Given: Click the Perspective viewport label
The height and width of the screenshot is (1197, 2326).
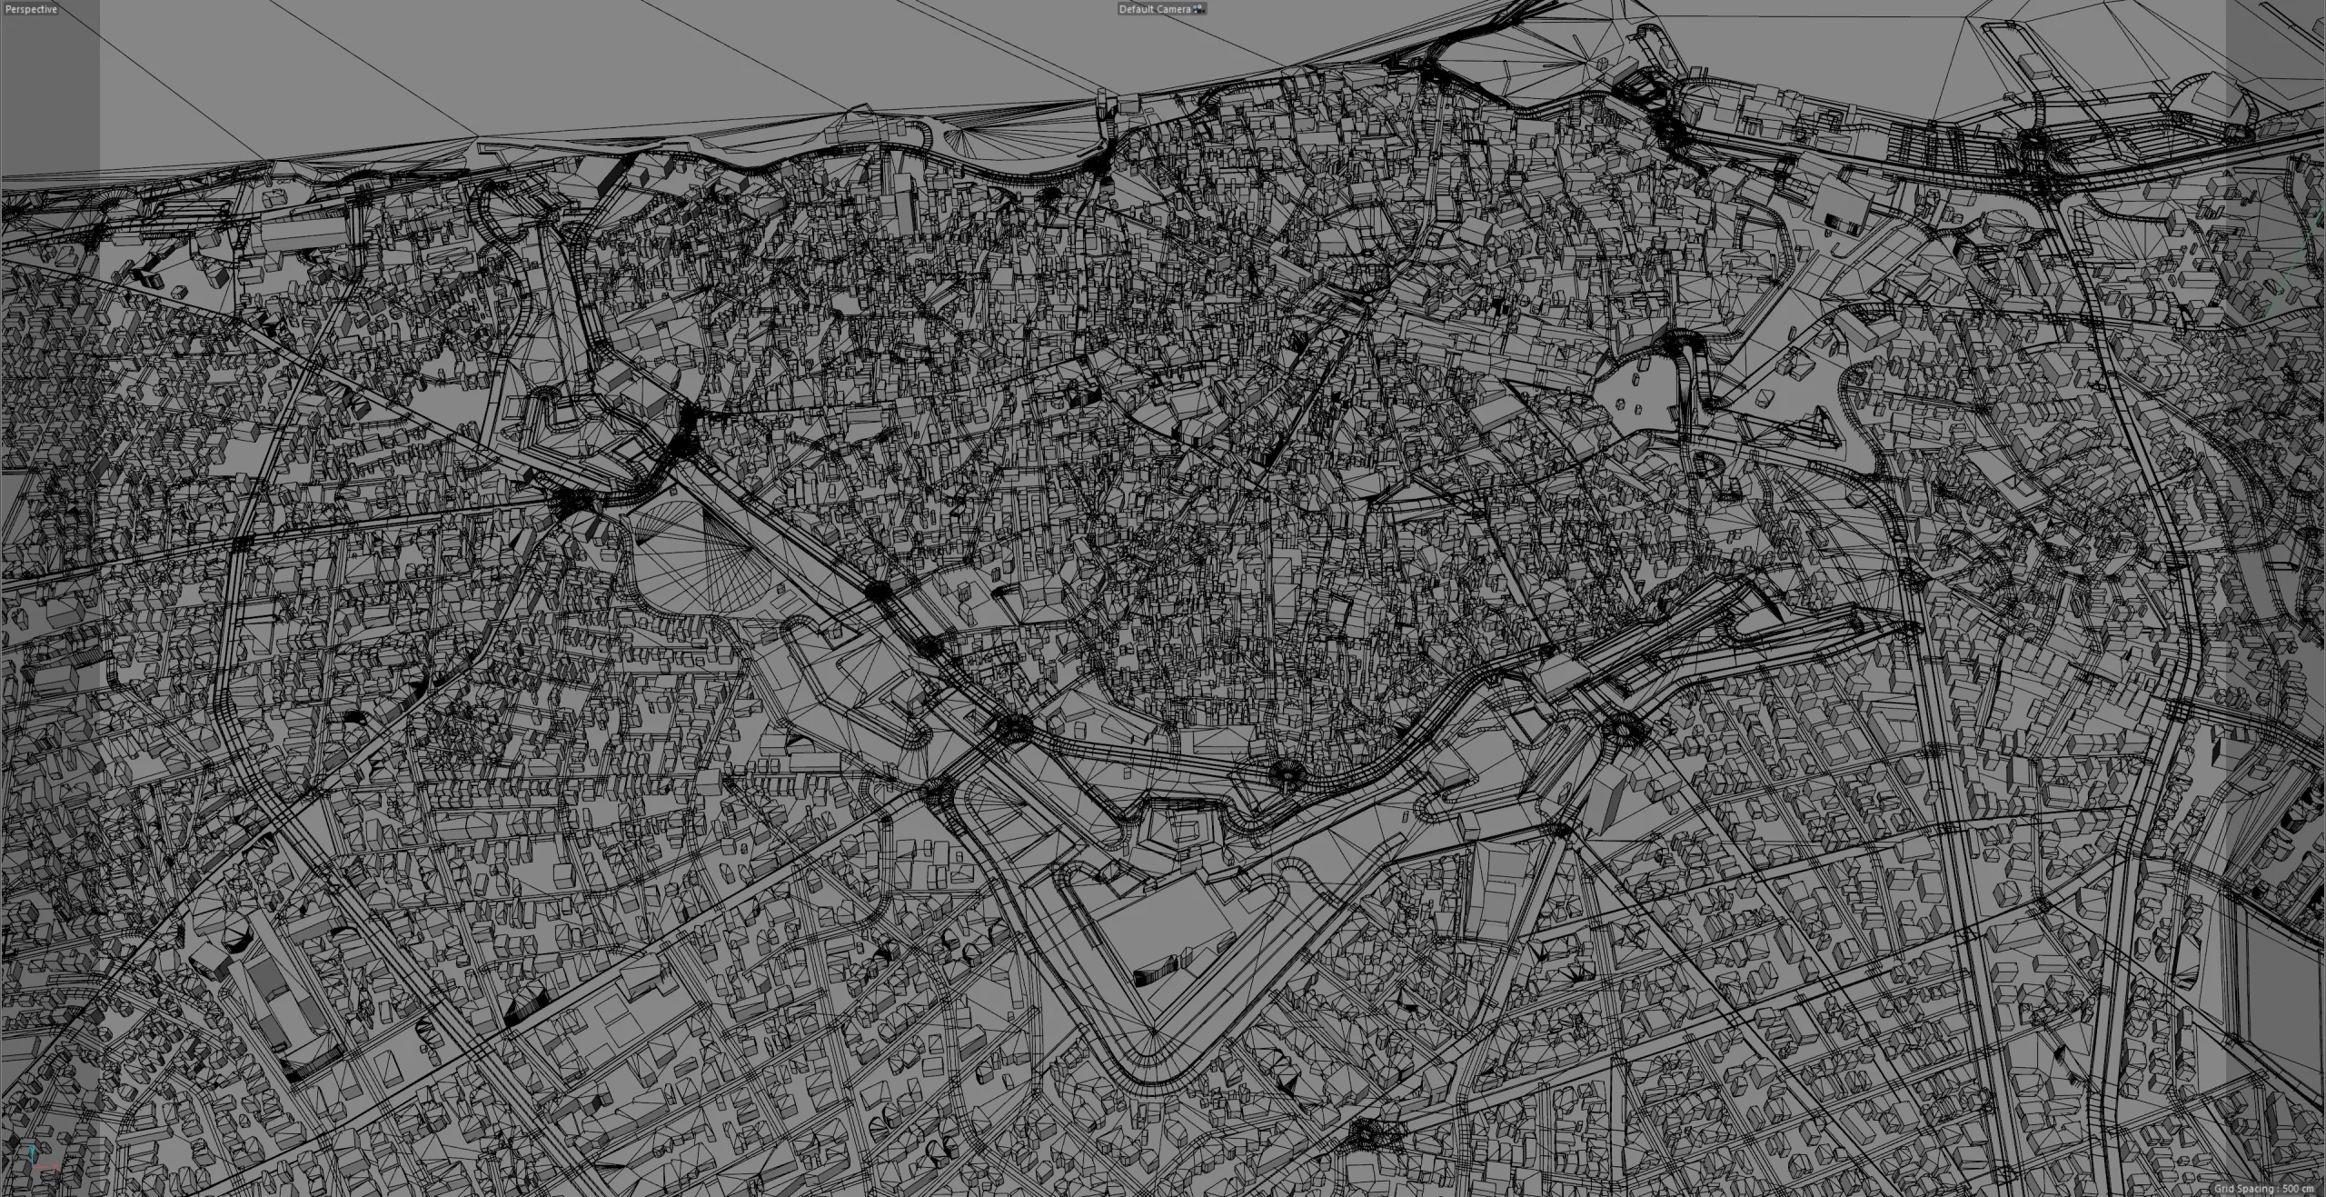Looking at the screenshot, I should click(31, 9).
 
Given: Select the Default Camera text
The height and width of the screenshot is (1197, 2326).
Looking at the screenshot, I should click(1154, 9).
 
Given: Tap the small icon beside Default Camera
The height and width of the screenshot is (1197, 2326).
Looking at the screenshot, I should click(1199, 9).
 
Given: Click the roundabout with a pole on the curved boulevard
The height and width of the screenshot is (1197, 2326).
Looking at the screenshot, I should click(1286, 773).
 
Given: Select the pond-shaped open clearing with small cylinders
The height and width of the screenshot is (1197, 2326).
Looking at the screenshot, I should click(1635, 400).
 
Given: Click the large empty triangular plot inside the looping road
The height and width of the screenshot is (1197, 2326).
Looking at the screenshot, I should click(1163, 927).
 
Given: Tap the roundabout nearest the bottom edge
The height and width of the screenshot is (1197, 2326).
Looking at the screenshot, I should click(1363, 1132).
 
